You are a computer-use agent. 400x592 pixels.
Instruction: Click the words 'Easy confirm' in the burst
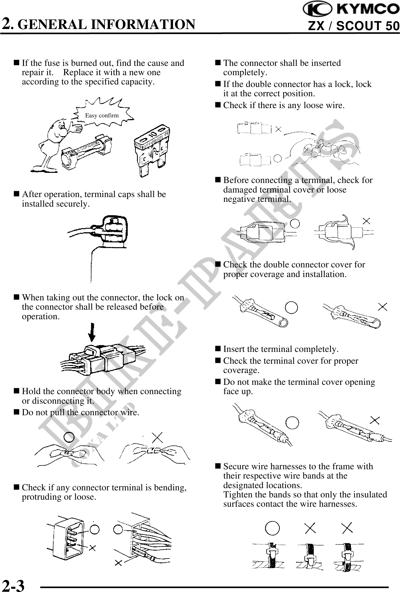pyautogui.click(x=102, y=115)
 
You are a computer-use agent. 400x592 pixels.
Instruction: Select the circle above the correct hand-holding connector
pyautogui.click(x=69, y=437)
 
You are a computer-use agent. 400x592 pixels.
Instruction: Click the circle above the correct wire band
pyautogui.click(x=272, y=528)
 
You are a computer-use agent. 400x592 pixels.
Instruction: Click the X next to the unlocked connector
pyautogui.click(x=278, y=129)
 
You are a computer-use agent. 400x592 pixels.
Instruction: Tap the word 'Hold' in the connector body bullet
pyautogui.click(x=31, y=391)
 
